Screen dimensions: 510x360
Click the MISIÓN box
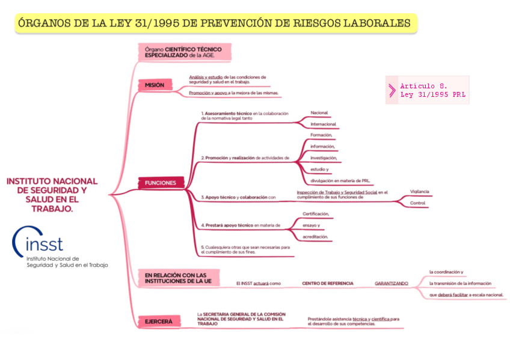(155, 85)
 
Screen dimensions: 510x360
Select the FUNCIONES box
(161, 183)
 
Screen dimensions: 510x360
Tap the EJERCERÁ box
(159, 322)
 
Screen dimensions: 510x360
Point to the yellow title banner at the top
(215, 23)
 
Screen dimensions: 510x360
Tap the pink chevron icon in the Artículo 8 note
(392, 90)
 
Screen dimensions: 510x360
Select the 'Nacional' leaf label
(319, 113)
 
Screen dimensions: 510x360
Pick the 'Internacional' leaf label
(323, 124)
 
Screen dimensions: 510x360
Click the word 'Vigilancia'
(419, 192)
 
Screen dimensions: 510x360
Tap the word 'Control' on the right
(417, 203)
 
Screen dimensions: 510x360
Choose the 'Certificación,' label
(315, 214)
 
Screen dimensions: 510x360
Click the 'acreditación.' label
(315, 237)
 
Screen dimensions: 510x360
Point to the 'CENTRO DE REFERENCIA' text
(327, 283)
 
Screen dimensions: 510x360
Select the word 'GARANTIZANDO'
(391, 283)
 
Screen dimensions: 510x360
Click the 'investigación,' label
(323, 157)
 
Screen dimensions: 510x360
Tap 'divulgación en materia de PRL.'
(339, 180)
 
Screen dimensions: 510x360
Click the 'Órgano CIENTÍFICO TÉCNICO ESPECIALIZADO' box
(183, 52)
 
